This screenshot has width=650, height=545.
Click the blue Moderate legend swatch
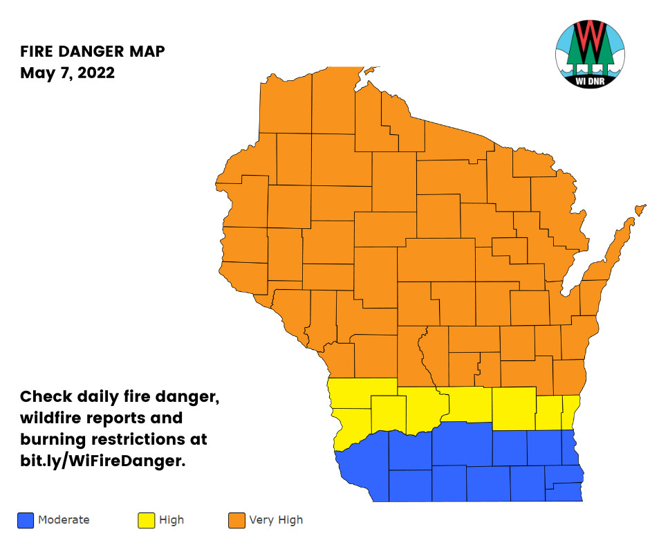click(26, 520)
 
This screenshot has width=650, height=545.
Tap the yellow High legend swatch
click(147, 520)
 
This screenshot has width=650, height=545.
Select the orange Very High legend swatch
click(236, 520)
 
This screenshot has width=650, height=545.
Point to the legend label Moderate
click(64, 520)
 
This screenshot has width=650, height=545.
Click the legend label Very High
click(275, 520)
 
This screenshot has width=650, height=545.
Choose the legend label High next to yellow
click(171, 520)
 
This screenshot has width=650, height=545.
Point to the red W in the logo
click(590, 40)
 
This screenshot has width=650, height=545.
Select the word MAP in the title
click(148, 52)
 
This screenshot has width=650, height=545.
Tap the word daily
click(106, 397)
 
